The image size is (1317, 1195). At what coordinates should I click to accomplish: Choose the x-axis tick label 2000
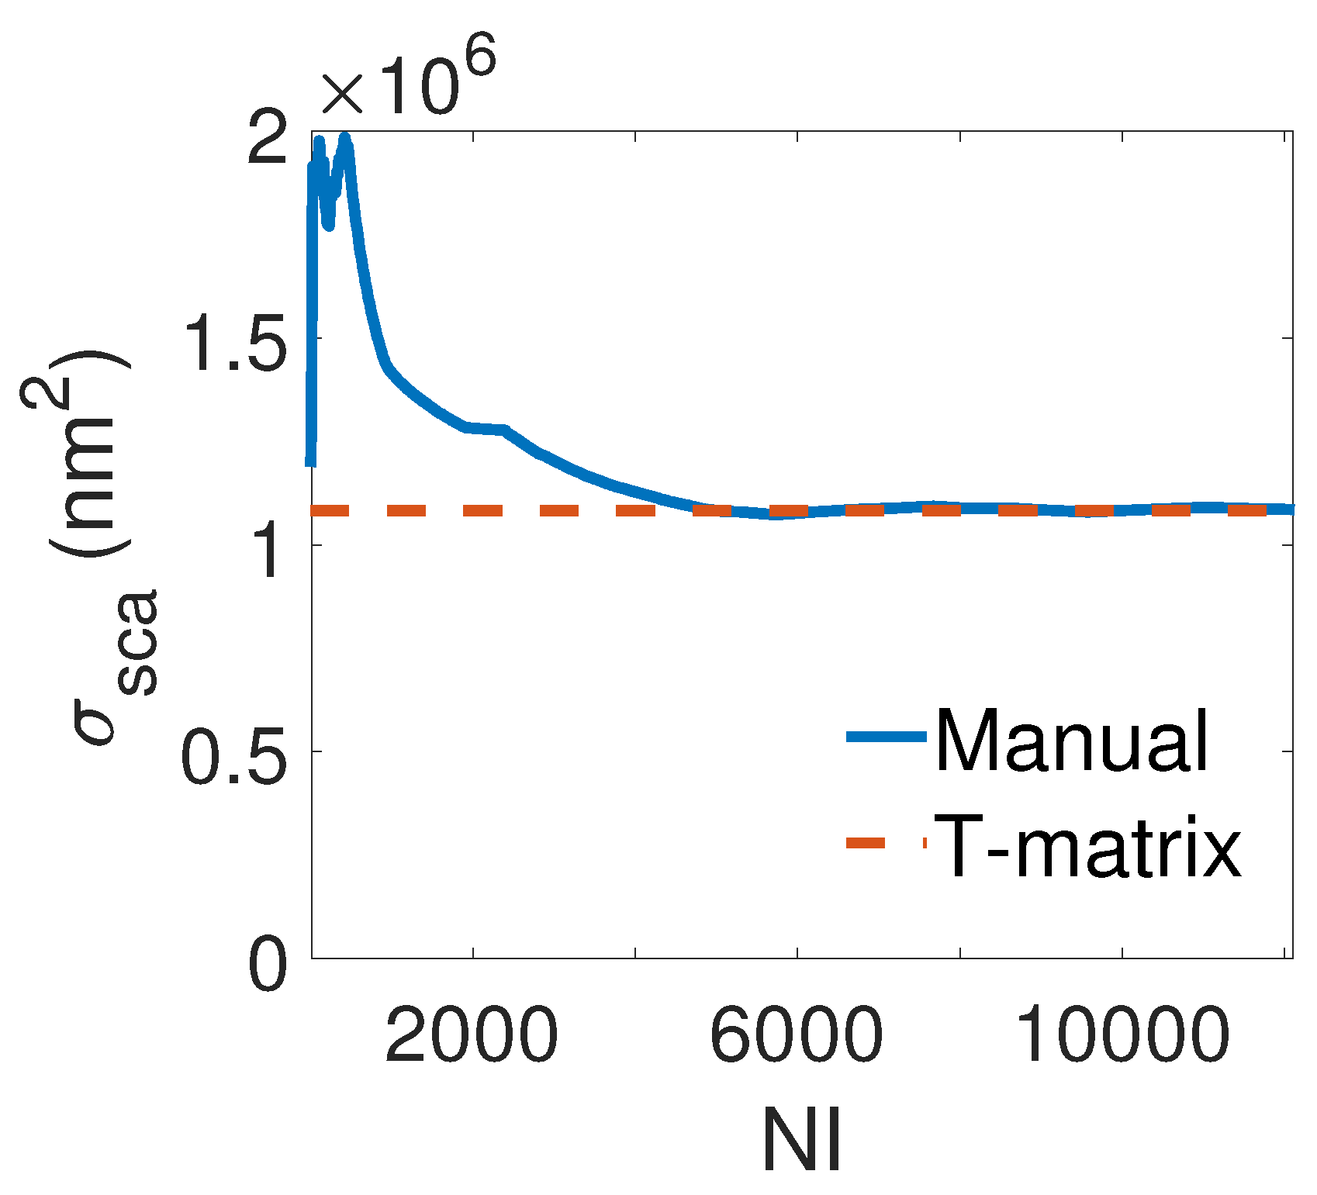tap(472, 1035)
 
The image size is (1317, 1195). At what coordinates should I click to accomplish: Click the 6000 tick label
tap(796, 1035)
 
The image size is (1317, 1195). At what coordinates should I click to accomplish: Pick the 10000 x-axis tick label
tap(1122, 1035)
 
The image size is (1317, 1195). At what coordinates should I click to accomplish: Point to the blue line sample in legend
tap(887, 737)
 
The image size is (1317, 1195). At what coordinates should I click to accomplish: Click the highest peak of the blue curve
tap(345, 139)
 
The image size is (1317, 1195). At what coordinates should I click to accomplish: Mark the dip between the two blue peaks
tap(328, 224)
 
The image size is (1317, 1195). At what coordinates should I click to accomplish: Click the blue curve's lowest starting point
tap(310, 463)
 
